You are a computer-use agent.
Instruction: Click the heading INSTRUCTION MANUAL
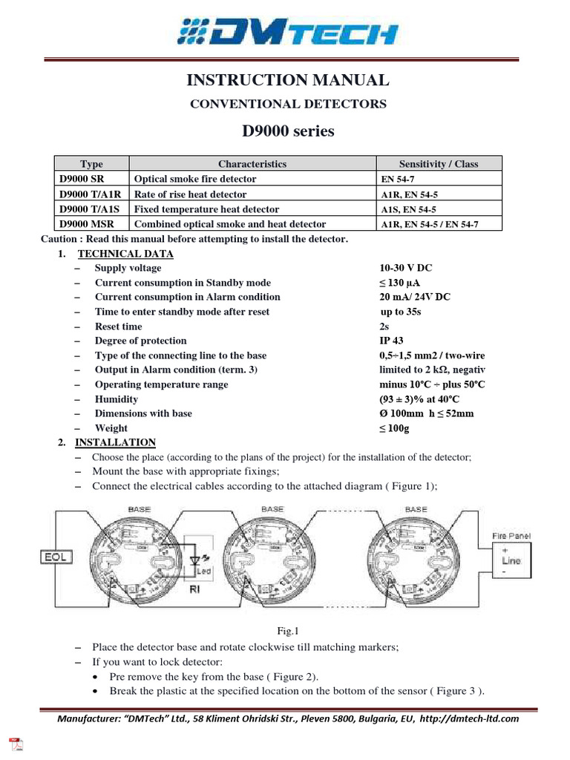[288, 80]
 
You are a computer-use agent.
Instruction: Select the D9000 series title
[288, 131]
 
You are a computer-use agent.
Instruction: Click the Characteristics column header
[252, 164]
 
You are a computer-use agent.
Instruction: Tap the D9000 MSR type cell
[83, 223]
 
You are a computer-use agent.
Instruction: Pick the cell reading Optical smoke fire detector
[194, 179]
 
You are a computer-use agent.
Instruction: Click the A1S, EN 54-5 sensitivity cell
[408, 209]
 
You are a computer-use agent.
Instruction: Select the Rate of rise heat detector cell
[190, 194]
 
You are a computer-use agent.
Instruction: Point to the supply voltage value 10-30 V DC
[407, 268]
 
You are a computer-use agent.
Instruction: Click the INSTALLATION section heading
[115, 442]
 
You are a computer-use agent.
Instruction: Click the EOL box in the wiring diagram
[58, 555]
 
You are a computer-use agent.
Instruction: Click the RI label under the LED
[196, 591]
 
